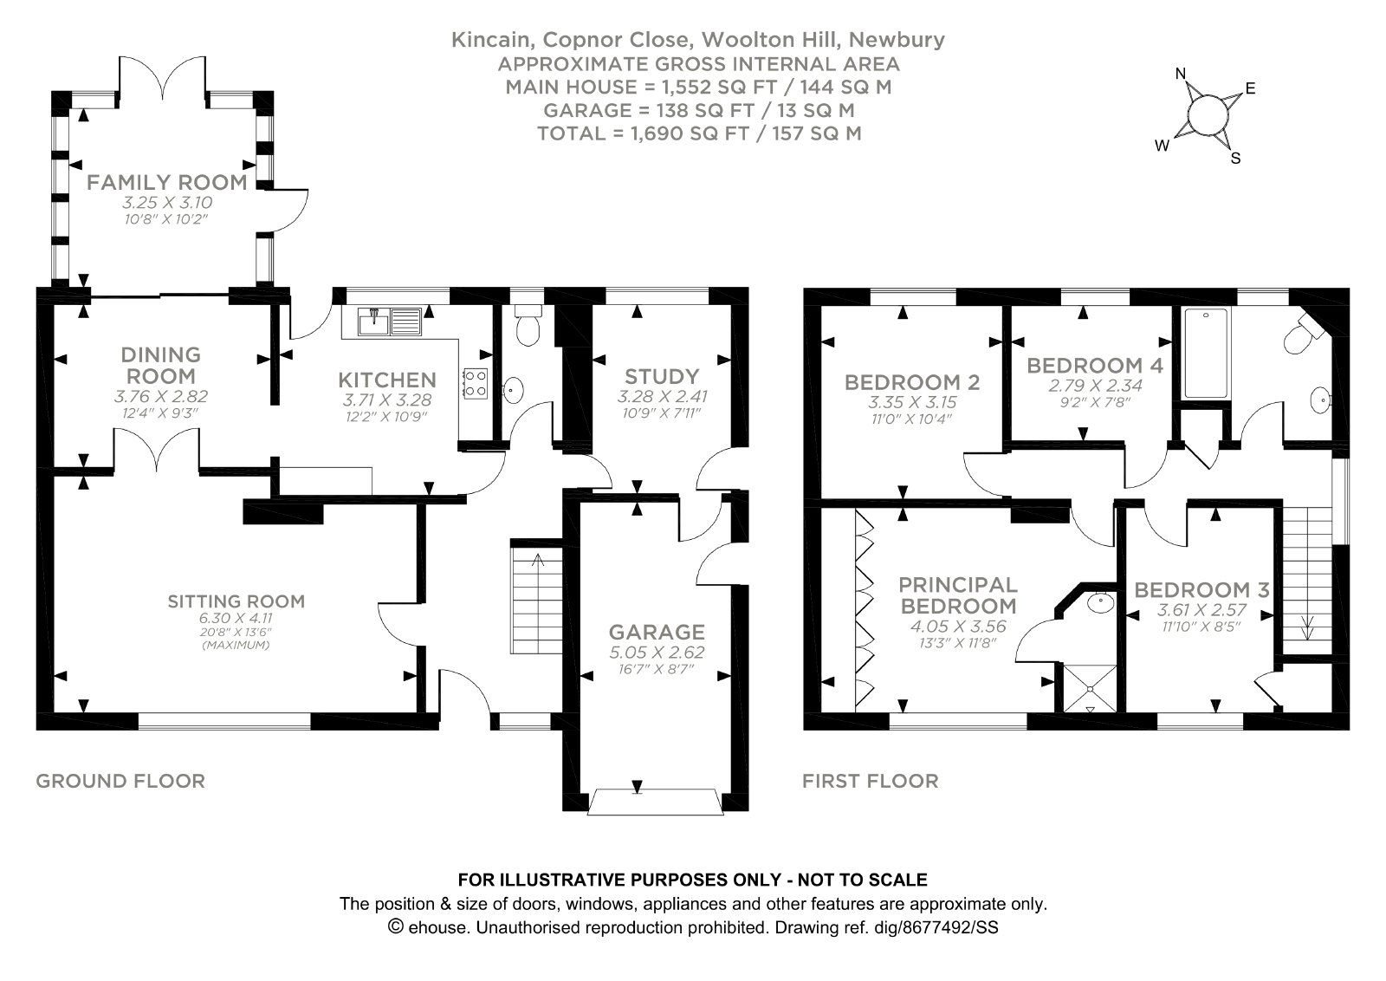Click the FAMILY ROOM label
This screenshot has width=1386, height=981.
167,183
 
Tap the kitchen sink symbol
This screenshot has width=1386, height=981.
390,322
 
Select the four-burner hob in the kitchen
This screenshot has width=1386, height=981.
476,383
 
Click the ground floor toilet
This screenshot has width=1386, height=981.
528,325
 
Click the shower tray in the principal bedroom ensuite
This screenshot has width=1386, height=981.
1091,688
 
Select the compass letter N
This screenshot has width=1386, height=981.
1181,75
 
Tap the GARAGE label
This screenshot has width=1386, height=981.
657,632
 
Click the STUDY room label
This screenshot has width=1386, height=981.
662,376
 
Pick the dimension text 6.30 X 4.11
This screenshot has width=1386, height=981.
236,618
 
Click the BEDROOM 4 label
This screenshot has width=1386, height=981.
1095,366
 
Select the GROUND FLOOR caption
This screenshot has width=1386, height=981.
120,781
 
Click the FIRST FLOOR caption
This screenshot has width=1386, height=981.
871,781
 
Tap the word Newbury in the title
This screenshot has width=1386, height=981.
897,40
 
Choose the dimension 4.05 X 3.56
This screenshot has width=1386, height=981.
958,627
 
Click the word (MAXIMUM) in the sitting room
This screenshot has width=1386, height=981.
236,645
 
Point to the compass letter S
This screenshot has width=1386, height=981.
1235,159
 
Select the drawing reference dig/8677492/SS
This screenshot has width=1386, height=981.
950,928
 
